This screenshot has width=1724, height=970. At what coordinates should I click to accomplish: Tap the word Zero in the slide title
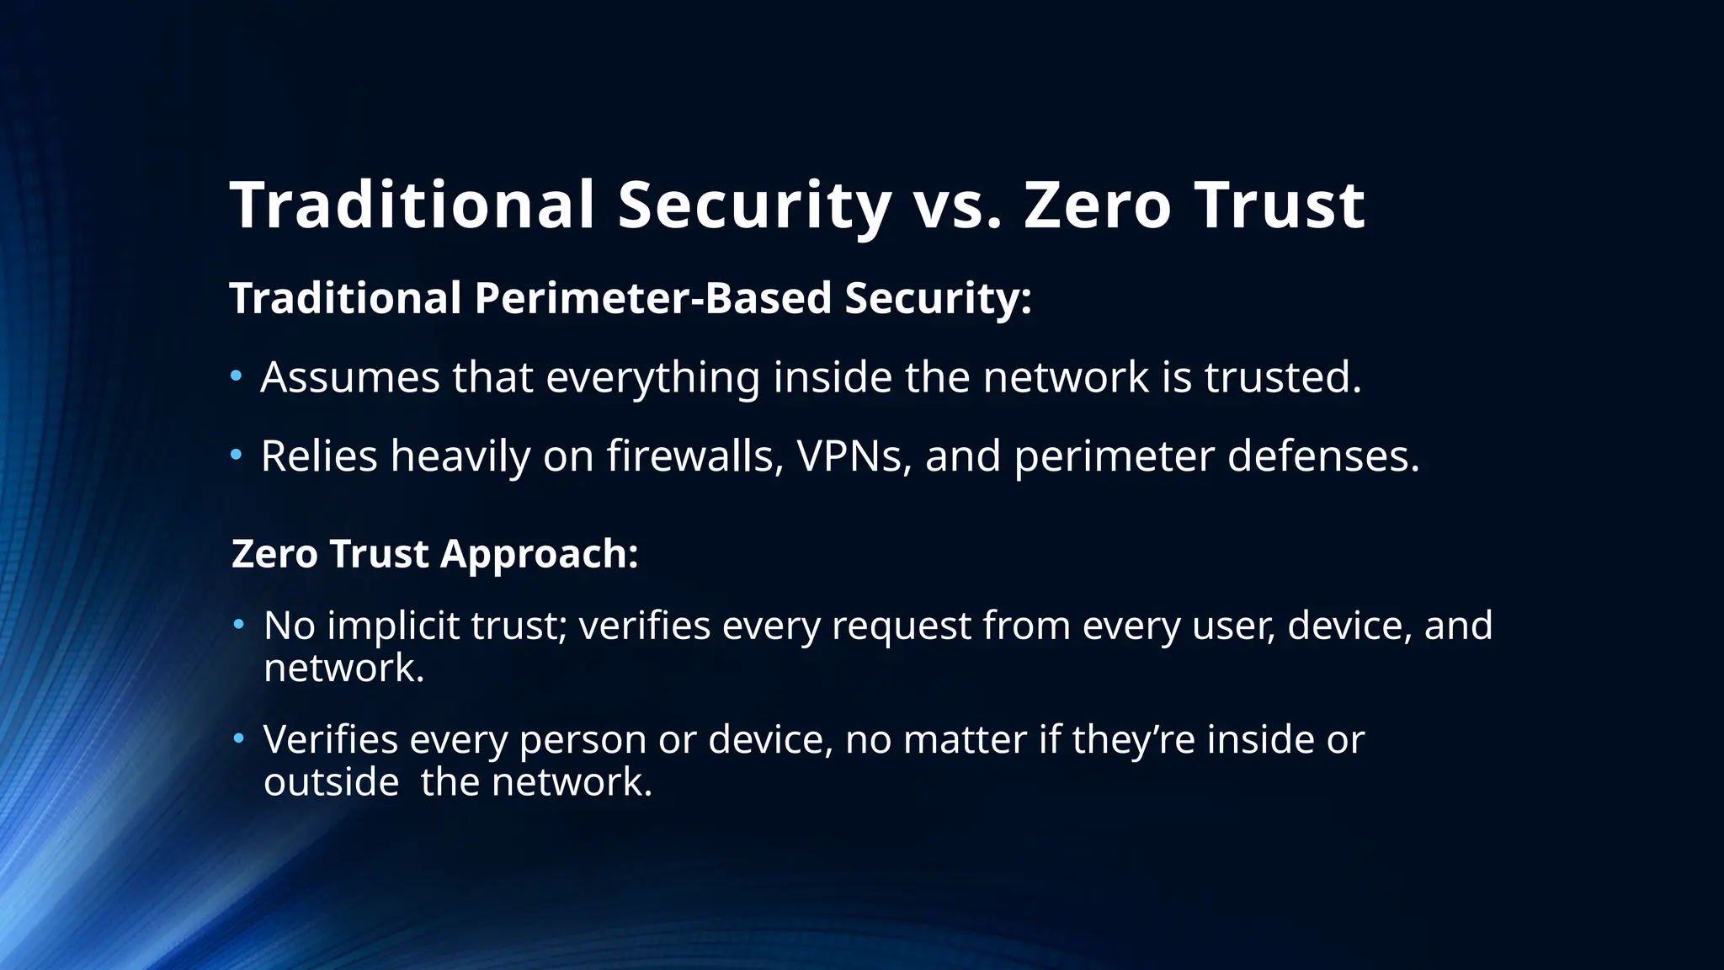click(x=1097, y=205)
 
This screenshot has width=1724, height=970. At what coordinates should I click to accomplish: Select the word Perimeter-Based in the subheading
click(x=652, y=298)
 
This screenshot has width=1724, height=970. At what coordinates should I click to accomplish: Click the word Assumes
click(x=349, y=377)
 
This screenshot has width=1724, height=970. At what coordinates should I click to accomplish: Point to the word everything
click(x=652, y=379)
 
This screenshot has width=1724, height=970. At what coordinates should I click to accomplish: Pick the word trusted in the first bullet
click(x=1282, y=377)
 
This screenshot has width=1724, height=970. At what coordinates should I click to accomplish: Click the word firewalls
click(x=695, y=456)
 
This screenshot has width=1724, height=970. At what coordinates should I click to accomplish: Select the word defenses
click(x=1323, y=456)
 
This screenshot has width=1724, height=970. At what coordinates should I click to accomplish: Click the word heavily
click(x=460, y=458)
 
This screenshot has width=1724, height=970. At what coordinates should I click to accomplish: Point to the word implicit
click(x=392, y=626)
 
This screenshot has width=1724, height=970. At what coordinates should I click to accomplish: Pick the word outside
click(x=331, y=782)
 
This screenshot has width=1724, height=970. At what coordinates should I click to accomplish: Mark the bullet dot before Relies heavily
click(x=237, y=456)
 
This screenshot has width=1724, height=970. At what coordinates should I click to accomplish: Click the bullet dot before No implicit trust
click(x=239, y=625)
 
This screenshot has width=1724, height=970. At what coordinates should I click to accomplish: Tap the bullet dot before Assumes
click(x=237, y=376)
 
